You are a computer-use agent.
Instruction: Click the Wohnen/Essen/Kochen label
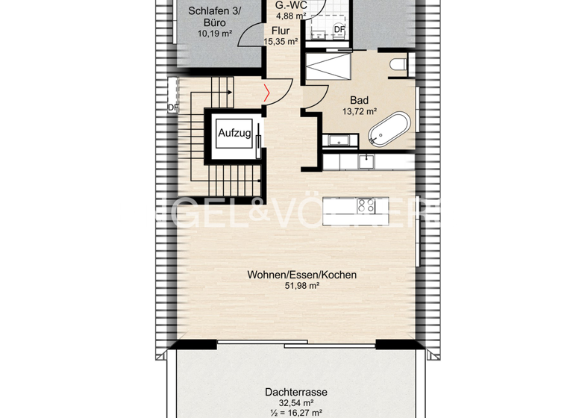pyautogui.click(x=301, y=275)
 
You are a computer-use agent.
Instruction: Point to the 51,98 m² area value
pyautogui.click(x=301, y=286)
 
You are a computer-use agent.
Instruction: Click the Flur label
pyautogui.click(x=280, y=31)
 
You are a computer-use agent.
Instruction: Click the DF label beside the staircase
pyautogui.click(x=173, y=107)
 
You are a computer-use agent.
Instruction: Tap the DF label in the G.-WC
pyautogui.click(x=339, y=29)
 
